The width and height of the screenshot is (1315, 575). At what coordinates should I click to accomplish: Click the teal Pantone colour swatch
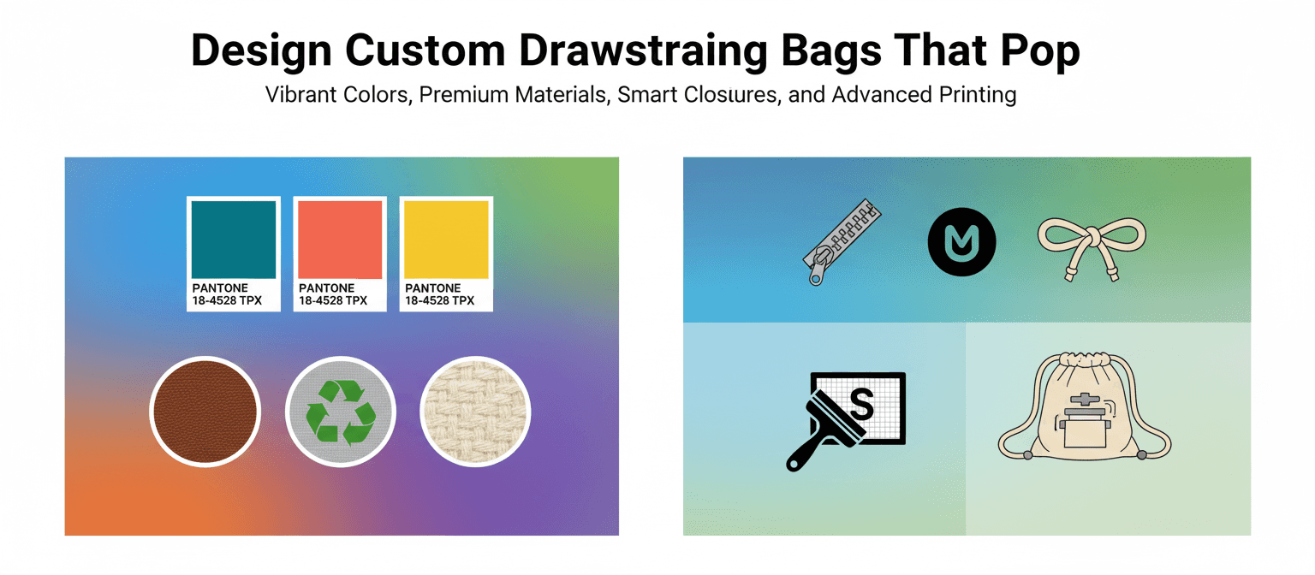[233, 240]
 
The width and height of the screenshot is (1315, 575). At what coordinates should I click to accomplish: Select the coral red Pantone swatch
[340, 240]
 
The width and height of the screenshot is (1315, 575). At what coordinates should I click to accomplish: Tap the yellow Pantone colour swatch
[446, 240]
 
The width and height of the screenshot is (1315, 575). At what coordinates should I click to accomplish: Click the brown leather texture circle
[204, 412]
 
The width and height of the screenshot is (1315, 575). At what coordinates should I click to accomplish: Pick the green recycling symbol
[341, 412]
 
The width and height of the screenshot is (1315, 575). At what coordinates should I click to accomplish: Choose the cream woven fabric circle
[475, 412]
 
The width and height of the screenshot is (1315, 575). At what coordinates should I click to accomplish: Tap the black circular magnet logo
[961, 240]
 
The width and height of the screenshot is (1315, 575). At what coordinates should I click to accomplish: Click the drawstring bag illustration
[1084, 407]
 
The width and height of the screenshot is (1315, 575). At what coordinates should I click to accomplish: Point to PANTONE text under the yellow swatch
[432, 288]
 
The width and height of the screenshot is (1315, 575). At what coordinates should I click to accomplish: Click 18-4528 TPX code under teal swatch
[227, 301]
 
